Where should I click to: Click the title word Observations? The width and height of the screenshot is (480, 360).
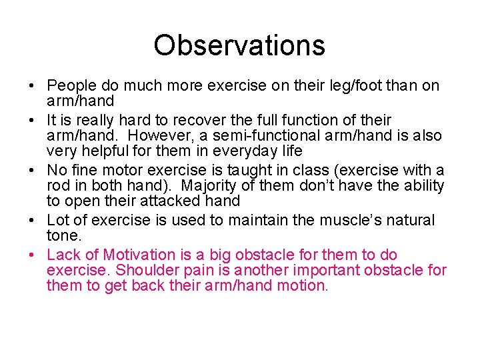(x=239, y=45)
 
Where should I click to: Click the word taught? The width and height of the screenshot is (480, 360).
(x=253, y=170)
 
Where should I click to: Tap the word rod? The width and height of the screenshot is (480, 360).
(x=58, y=186)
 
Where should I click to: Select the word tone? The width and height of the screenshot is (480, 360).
(x=63, y=236)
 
